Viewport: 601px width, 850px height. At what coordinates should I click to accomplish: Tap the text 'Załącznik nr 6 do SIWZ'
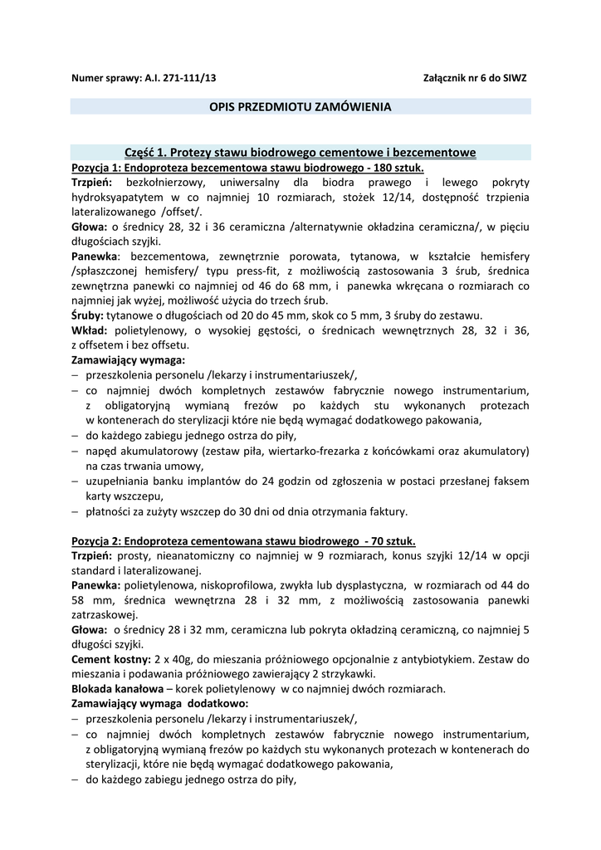[475, 77]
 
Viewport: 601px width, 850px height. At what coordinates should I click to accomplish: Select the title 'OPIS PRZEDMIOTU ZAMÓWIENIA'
[300, 107]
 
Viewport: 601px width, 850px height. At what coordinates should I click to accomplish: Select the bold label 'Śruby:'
[87, 315]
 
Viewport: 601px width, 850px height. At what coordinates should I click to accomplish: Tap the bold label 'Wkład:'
[88, 330]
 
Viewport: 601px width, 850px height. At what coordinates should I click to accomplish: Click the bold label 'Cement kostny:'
[110, 659]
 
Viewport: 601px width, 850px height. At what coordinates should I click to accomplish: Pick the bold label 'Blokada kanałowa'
[116, 689]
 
